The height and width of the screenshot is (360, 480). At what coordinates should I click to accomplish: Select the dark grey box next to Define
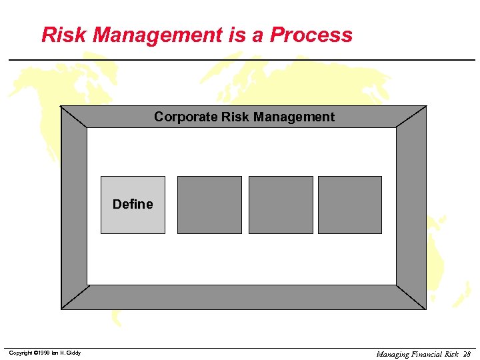[x=209, y=205]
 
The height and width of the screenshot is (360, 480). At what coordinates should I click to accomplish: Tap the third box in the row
[x=281, y=205]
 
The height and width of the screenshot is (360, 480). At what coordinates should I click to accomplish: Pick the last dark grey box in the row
[x=350, y=205]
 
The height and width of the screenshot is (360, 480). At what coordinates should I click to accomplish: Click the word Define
[x=133, y=204]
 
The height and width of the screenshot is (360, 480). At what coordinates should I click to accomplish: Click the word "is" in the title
[x=237, y=35]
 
